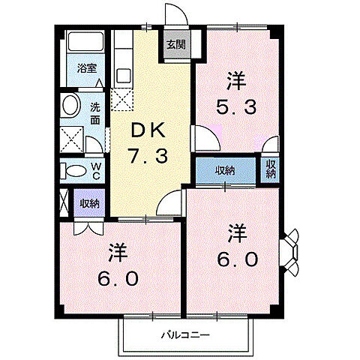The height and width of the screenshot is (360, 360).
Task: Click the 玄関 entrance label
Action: click(174, 45)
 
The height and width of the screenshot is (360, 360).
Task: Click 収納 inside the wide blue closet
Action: click(226, 170)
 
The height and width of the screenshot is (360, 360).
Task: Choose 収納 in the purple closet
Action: click(90, 203)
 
